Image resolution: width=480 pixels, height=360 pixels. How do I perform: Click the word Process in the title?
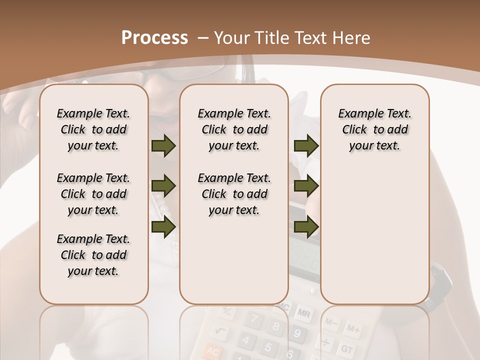(x=154, y=38)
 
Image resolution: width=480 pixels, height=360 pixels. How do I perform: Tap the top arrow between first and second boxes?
(x=163, y=146)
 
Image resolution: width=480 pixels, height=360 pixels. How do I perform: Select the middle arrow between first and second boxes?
(x=163, y=186)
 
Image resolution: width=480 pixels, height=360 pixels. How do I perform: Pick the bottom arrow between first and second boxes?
(x=163, y=226)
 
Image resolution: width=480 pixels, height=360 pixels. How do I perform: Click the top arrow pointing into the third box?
(x=306, y=146)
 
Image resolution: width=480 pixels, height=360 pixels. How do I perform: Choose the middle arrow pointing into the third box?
(x=306, y=186)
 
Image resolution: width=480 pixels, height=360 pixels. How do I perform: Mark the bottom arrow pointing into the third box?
(x=306, y=226)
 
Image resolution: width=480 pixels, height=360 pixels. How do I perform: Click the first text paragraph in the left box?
(x=93, y=129)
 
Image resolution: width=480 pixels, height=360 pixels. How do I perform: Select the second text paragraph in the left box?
(x=93, y=194)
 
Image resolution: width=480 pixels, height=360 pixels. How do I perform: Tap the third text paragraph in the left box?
(x=93, y=255)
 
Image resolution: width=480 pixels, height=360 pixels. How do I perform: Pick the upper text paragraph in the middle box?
(x=234, y=129)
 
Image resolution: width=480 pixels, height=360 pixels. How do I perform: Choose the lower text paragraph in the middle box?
(x=234, y=194)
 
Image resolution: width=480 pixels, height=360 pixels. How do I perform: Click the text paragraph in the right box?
(x=374, y=129)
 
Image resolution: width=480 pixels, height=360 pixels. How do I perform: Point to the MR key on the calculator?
(x=303, y=313)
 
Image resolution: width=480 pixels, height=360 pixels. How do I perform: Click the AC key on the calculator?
(x=213, y=352)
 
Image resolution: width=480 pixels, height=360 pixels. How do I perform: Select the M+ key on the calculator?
(x=352, y=328)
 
